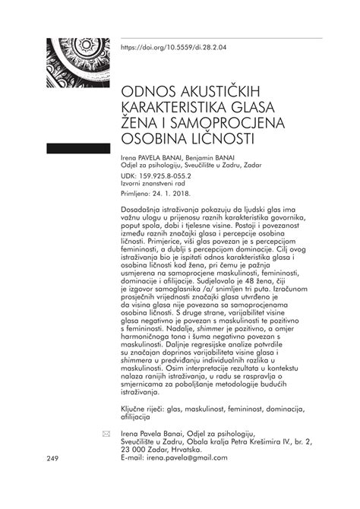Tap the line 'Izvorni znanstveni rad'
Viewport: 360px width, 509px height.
coord(156,183)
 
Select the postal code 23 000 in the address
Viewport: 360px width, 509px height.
coord(134,449)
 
